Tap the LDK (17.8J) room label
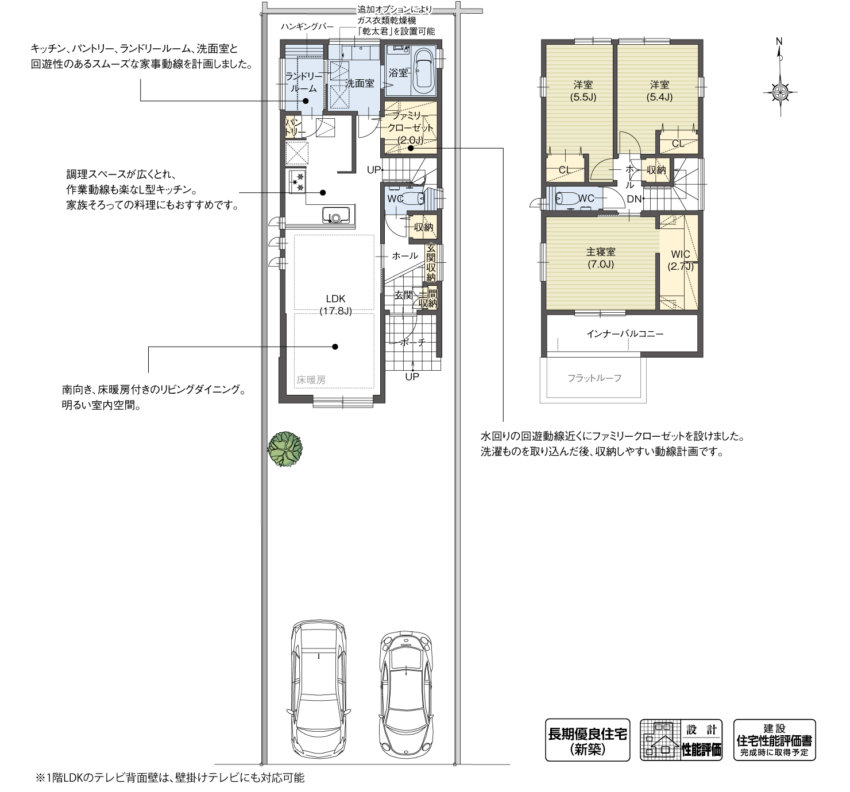335,305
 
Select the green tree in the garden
285,448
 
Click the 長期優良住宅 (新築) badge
587,740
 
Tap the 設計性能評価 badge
681,740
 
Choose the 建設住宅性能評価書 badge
774,740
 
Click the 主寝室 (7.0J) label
601,258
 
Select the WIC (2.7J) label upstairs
681,260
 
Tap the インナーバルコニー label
625,333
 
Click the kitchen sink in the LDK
336,216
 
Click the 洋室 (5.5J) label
583,91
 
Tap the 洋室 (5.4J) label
659,91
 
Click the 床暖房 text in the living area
311,379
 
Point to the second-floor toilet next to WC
569,199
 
